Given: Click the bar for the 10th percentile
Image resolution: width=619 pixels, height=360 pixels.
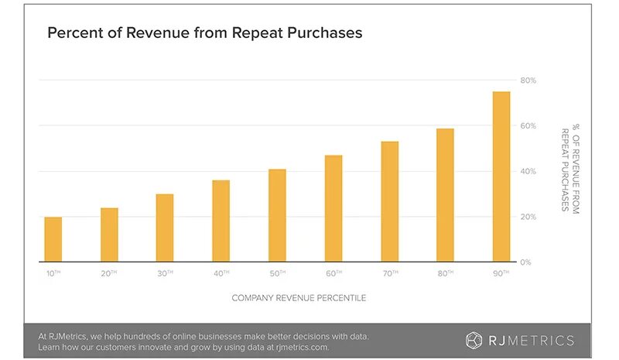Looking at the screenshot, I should coord(53,239).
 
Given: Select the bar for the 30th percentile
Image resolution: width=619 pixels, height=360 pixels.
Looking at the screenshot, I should coord(165,228).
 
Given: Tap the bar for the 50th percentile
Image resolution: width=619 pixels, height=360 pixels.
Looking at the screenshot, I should coord(277,215).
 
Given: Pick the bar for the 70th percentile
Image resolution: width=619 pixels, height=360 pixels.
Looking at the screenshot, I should coord(389,201).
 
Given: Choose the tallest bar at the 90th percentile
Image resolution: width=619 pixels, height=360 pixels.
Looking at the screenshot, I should coord(501,177).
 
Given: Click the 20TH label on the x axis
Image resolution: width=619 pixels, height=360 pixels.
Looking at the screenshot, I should coord(109,273).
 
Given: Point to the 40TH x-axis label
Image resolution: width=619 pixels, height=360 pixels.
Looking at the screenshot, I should coord(221,273).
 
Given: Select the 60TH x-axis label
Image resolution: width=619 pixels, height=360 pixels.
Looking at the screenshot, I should coord(333,273).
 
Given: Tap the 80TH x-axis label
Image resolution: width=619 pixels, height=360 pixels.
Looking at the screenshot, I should coord(446,273).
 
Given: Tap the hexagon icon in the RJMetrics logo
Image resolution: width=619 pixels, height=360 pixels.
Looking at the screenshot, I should coord(474,340).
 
